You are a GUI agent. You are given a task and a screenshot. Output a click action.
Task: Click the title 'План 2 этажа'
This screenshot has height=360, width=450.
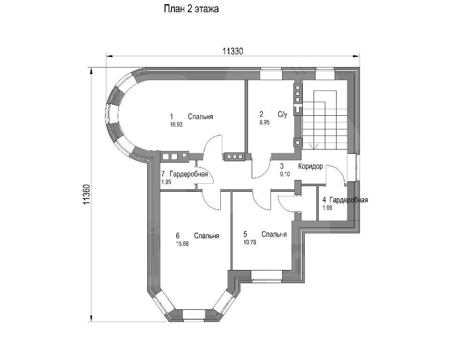(x=191, y=9)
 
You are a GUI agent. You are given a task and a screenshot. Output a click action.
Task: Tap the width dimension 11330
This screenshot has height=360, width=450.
(x=233, y=52)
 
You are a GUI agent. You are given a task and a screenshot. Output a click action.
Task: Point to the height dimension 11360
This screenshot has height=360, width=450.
(x=87, y=195)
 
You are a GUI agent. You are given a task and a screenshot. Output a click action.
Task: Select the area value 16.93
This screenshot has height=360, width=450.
(x=176, y=125)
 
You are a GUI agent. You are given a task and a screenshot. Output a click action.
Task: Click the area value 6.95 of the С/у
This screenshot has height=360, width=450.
(x=264, y=122)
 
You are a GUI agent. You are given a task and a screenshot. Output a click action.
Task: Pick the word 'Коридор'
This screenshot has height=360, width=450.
(x=310, y=166)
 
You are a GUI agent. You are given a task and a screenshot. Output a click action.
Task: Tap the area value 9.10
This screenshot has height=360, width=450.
(x=285, y=174)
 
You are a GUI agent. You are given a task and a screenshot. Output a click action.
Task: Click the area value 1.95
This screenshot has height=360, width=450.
(x=166, y=182)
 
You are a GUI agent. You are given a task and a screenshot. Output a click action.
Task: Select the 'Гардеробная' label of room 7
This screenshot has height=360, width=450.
(x=188, y=174)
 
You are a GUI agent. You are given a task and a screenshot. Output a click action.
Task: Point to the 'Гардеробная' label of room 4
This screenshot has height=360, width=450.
(x=349, y=200)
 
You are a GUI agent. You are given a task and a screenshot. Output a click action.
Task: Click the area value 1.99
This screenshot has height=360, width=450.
(x=327, y=208)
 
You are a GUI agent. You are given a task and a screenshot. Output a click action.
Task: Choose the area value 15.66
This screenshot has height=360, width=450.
(x=182, y=244)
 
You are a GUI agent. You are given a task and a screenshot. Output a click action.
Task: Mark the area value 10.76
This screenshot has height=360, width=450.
(x=250, y=243)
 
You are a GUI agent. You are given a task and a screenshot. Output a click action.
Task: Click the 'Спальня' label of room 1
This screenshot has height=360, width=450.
(x=201, y=117)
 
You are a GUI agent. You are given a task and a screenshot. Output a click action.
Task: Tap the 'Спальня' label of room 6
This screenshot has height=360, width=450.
(x=207, y=236)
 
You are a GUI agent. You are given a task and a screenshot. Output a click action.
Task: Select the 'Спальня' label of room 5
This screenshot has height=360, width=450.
(x=274, y=234)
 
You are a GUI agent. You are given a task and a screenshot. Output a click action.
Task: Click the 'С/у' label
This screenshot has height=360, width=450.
(x=282, y=114)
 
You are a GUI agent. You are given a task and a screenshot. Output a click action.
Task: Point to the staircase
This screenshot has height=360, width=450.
(x=324, y=120)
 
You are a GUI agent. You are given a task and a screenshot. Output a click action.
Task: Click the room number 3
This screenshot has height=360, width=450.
(x=282, y=166)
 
